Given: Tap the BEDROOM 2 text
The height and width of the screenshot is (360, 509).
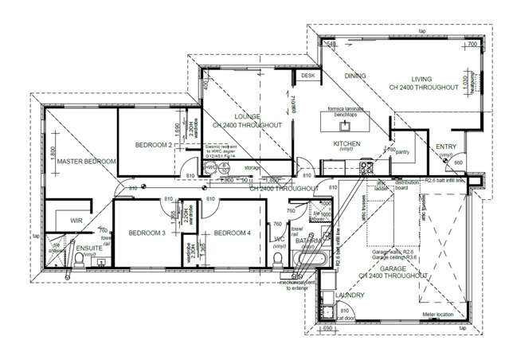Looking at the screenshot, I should tap(154, 146).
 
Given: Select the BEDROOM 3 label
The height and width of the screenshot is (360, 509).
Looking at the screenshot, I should tap(146, 233).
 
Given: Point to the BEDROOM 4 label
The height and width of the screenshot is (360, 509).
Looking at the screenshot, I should tap(232, 233).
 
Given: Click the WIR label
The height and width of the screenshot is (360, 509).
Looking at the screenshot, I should tap(76, 220).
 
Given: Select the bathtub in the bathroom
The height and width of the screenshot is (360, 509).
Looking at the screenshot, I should tap(310, 260).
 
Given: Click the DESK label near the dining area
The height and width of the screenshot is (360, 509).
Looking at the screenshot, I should tap(307, 76).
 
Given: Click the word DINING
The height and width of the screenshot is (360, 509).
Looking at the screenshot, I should tap(355, 76).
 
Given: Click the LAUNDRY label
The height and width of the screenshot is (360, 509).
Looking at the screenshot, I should tap(350, 295).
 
